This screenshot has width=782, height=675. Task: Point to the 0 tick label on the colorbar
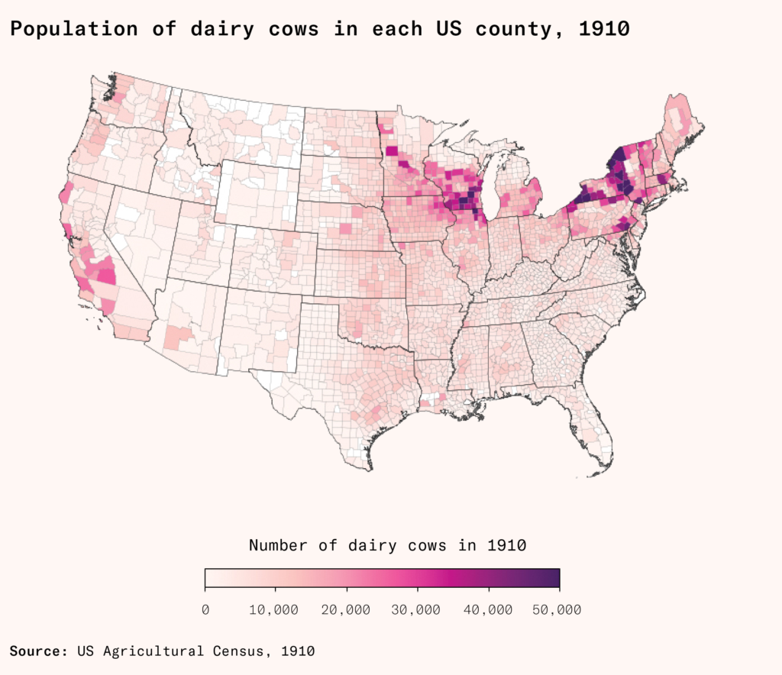pyautogui.click(x=205, y=609)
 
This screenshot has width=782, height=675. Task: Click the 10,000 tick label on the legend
pyautogui.click(x=276, y=609)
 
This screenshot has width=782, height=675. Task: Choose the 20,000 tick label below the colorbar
pyautogui.click(x=347, y=609)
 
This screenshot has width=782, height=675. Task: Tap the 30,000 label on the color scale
pyautogui.click(x=418, y=609)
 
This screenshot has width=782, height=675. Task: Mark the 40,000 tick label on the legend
pyautogui.click(x=489, y=609)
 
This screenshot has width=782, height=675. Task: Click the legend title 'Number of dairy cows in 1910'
pyautogui.click(x=388, y=545)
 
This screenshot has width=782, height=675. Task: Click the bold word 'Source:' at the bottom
pyautogui.click(x=37, y=651)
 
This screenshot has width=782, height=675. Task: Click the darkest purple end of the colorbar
pyautogui.click(x=554, y=579)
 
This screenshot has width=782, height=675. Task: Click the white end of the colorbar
pyautogui.click(x=210, y=579)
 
